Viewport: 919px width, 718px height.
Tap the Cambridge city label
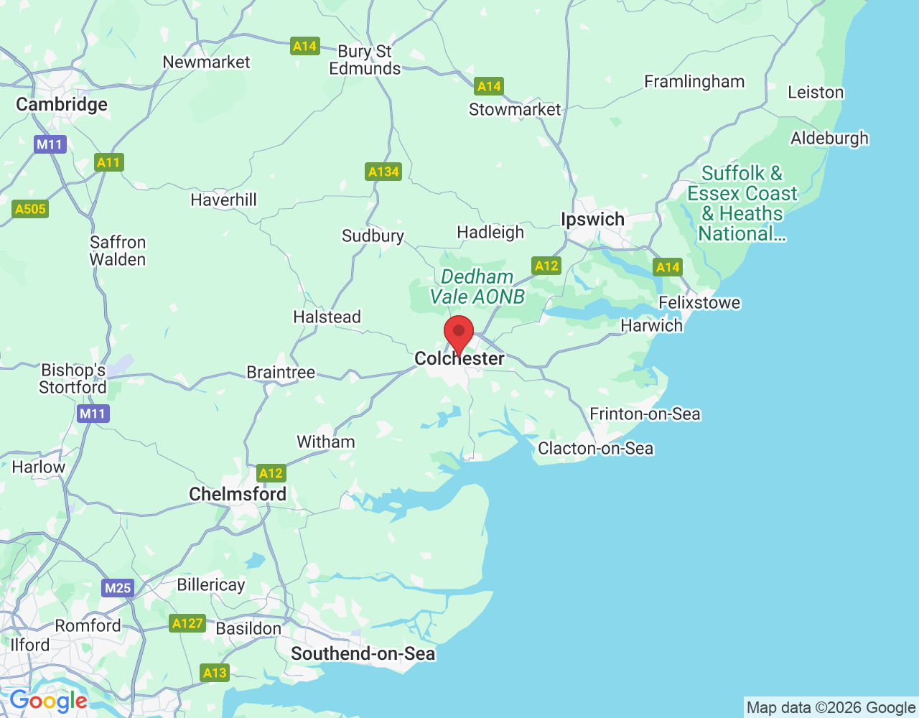(62, 105)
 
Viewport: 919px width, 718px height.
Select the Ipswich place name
(592, 220)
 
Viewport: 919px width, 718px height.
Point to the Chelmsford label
(238, 494)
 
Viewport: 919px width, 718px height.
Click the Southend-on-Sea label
(363, 653)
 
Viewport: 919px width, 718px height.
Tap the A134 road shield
(383, 172)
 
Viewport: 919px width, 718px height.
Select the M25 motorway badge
(118, 588)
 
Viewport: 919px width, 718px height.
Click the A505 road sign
(30, 209)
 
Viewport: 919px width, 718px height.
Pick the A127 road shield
(187, 623)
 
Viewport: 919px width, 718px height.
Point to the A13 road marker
(215, 673)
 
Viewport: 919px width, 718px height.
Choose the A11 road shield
(108, 162)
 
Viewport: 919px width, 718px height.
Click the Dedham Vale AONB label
(477, 286)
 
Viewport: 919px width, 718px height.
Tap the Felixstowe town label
(699, 302)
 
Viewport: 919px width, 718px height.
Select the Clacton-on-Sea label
(596, 449)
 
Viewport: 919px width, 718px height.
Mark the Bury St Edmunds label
(365, 60)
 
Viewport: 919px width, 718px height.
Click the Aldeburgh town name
(829, 138)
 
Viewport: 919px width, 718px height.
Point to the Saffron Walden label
(118, 251)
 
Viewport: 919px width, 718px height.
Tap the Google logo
(48, 701)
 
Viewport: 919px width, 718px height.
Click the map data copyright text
(831, 708)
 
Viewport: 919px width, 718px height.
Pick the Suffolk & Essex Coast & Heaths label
(742, 203)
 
